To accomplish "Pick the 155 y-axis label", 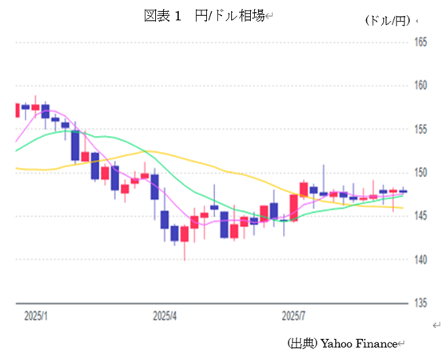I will click(420, 129).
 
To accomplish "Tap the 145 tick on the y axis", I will click(420, 216).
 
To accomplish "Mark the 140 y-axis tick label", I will click(420, 259).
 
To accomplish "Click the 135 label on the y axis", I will click(420, 302).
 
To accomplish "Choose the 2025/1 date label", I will click(35, 316).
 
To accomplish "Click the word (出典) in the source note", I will click(303, 343).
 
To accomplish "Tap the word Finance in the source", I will click(378, 343).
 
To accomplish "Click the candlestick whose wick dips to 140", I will click(184, 234).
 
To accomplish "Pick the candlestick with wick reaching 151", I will click(324, 193).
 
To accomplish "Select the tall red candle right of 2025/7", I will click(293, 207).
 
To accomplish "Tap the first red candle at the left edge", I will click(16, 110).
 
